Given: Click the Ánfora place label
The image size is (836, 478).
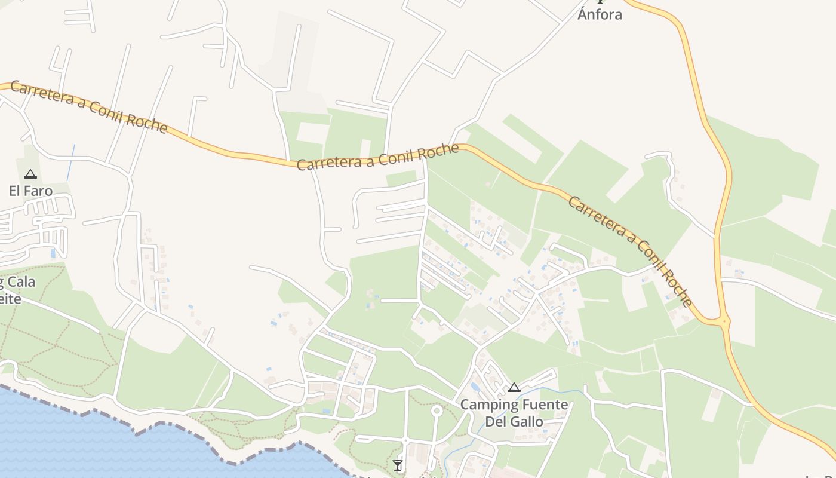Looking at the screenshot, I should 600,14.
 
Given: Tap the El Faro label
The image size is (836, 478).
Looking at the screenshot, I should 30,191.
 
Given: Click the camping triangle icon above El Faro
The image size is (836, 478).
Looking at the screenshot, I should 30,174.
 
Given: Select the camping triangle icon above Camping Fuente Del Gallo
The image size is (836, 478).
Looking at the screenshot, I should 514,388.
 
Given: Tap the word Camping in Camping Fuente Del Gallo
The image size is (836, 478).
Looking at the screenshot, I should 489,405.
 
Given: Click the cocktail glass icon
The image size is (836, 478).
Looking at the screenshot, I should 398,465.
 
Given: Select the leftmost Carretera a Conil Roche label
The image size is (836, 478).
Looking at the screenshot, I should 89,106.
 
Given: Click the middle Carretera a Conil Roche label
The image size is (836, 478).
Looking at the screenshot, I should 378,157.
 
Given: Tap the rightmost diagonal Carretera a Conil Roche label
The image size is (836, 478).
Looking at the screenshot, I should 631,250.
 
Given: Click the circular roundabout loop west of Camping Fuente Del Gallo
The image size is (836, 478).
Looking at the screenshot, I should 437,410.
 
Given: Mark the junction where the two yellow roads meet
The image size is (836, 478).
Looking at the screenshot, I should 724,322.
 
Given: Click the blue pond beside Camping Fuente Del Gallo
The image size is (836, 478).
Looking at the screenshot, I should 475,386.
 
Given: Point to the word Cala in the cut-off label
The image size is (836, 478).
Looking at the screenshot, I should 21,282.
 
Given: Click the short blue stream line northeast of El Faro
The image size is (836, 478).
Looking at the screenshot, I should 71,162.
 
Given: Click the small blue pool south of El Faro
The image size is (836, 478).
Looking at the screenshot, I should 53,253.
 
